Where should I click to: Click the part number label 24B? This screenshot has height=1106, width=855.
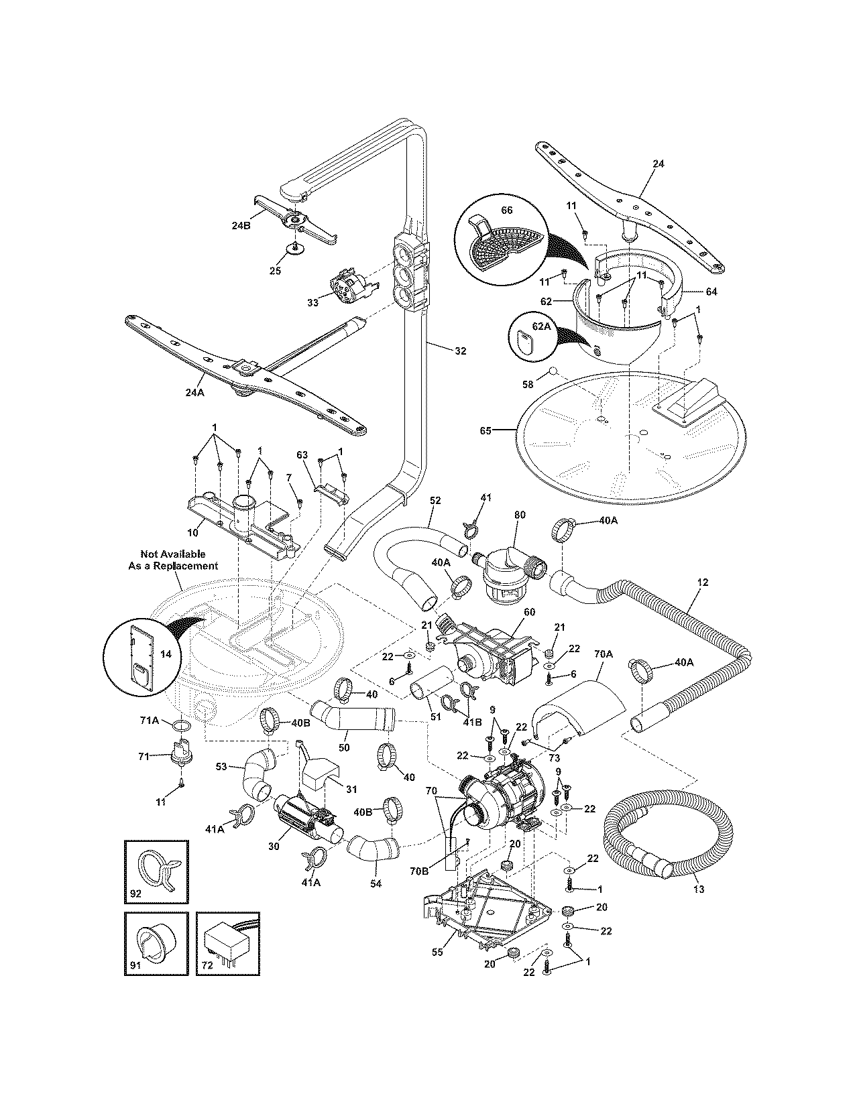click(240, 226)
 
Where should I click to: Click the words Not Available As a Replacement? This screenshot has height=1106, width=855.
click(173, 560)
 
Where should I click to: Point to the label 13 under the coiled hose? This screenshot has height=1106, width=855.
click(699, 889)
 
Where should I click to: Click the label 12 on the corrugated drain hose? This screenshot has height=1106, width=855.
click(702, 582)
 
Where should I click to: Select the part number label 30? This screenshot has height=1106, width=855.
click(273, 846)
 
